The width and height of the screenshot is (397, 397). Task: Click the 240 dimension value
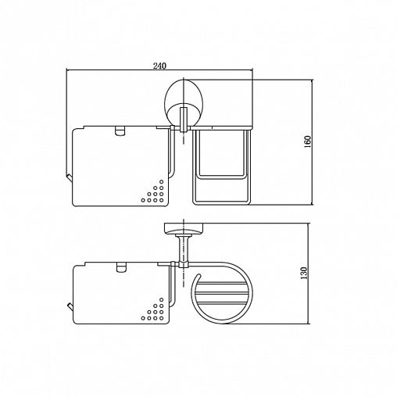tap(159, 66)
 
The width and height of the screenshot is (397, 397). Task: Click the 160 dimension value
tap(308, 141)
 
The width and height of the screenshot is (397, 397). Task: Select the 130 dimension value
tap(304, 274)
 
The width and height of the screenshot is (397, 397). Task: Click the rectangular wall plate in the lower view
tap(184, 228)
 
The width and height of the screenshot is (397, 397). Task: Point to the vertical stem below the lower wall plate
tap(184, 249)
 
